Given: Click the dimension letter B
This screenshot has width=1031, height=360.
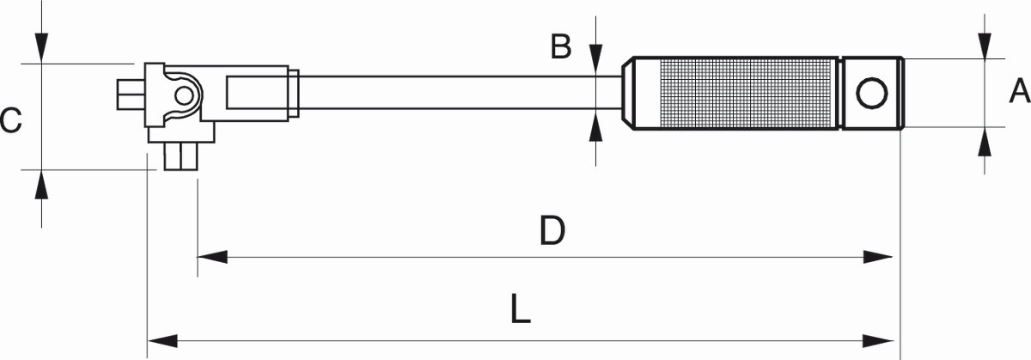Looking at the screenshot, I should click(561, 47).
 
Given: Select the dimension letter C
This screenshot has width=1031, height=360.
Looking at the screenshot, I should click(10, 120).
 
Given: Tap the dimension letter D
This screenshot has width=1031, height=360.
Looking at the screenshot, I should click(552, 230).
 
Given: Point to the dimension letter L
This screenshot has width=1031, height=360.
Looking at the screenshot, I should click(520, 311).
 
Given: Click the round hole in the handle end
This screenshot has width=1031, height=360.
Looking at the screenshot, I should click(871, 92).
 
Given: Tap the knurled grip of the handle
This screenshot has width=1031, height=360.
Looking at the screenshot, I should click(735, 93).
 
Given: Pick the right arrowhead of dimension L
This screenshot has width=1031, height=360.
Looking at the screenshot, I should click(884, 338).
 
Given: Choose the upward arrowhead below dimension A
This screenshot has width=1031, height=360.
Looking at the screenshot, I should click(983, 142).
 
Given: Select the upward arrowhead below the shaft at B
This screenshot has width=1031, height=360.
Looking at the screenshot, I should click(595, 129).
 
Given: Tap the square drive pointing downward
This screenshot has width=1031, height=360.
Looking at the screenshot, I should click(182, 157).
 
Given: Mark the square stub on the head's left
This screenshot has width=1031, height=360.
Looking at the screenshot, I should click(130, 93).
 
